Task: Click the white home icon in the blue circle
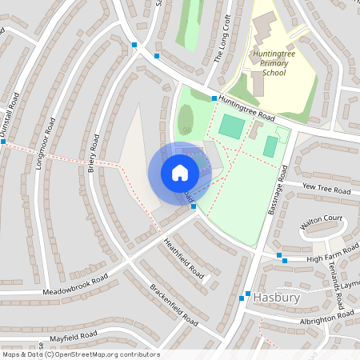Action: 179,173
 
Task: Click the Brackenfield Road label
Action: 174,302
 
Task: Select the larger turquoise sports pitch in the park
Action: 231,126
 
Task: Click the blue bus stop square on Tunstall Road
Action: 3,142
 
